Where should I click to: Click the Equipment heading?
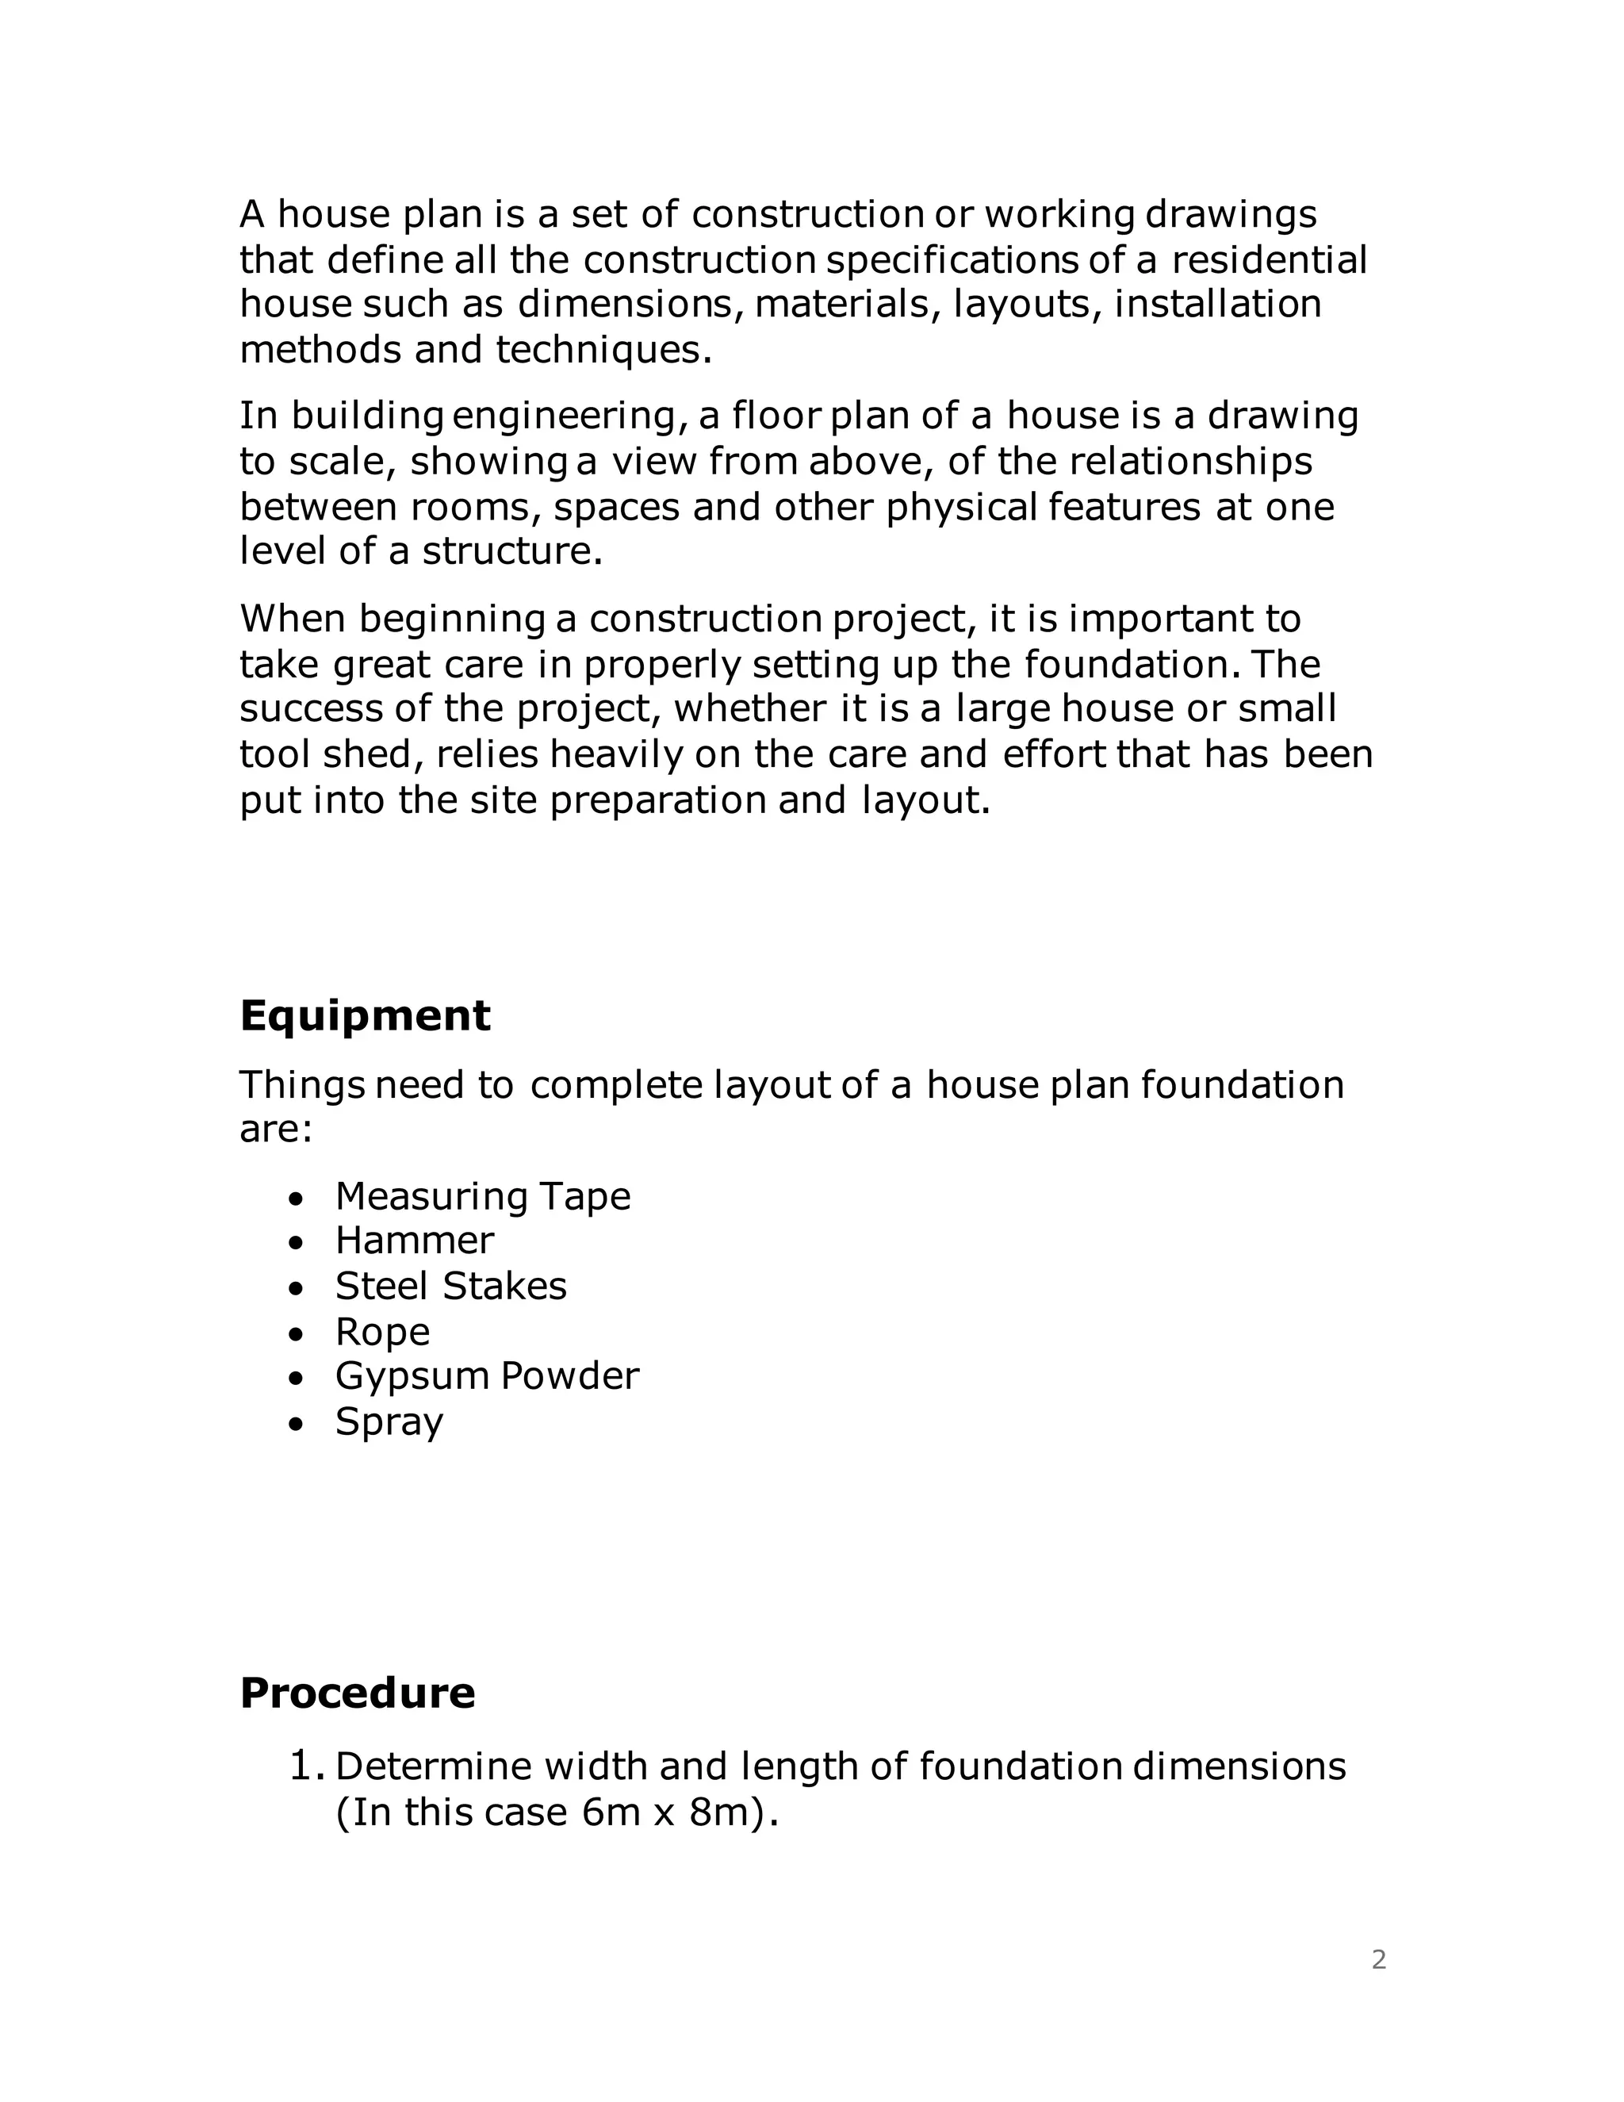coord(365,1016)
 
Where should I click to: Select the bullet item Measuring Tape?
coord(482,1196)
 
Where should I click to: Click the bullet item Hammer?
coord(414,1241)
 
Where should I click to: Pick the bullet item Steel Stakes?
coord(450,1286)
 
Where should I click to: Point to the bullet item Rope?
coord(382,1332)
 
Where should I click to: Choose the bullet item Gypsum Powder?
coord(486,1376)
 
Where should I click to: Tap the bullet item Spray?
coord(389,1422)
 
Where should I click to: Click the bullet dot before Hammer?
coord(297,1242)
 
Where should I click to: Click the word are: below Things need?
coord(276,1129)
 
